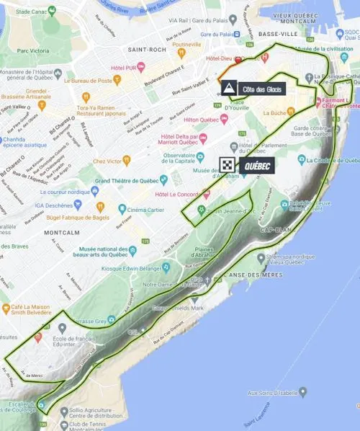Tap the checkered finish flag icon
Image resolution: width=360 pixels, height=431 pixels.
228,165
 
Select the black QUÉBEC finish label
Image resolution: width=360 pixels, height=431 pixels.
258,165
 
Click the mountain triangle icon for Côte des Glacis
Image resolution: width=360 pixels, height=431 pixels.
228,89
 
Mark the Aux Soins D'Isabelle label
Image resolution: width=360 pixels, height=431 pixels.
271,392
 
